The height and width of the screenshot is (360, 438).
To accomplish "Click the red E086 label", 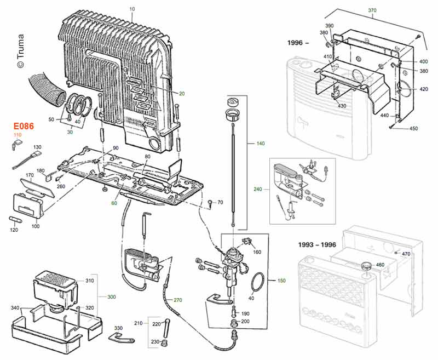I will [24, 126].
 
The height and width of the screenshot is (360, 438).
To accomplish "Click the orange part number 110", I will [18, 135].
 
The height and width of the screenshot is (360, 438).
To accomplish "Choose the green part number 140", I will [261, 144].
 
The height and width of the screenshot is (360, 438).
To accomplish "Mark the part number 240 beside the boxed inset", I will [258, 189].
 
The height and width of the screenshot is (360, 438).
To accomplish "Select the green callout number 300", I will [112, 296].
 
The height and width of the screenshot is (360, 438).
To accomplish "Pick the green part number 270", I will [177, 300].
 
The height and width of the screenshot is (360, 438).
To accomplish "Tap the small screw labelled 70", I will [210, 203].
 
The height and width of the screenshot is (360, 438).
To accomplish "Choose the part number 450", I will [413, 129].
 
